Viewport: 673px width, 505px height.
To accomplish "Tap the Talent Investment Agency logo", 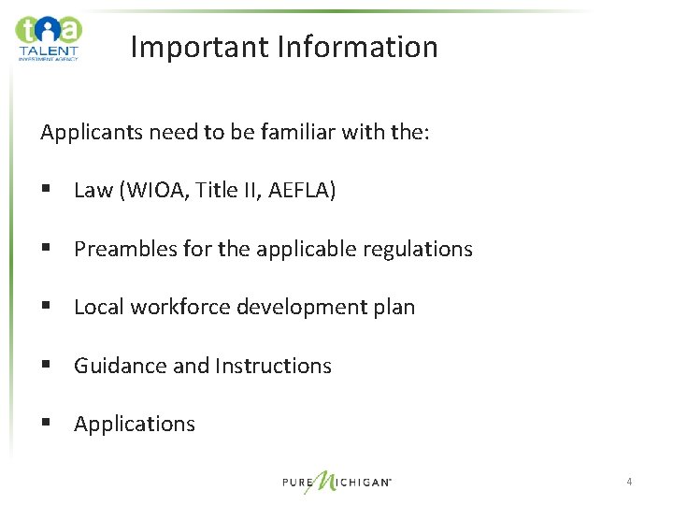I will click(x=48, y=37).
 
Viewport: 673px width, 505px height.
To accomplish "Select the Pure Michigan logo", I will click(x=336, y=482).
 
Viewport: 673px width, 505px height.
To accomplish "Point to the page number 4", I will click(x=629, y=482).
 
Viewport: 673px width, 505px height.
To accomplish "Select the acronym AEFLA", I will click(x=301, y=191).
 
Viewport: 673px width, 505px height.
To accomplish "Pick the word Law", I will click(x=93, y=191).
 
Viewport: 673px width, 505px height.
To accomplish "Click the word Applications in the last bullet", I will click(x=135, y=425).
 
